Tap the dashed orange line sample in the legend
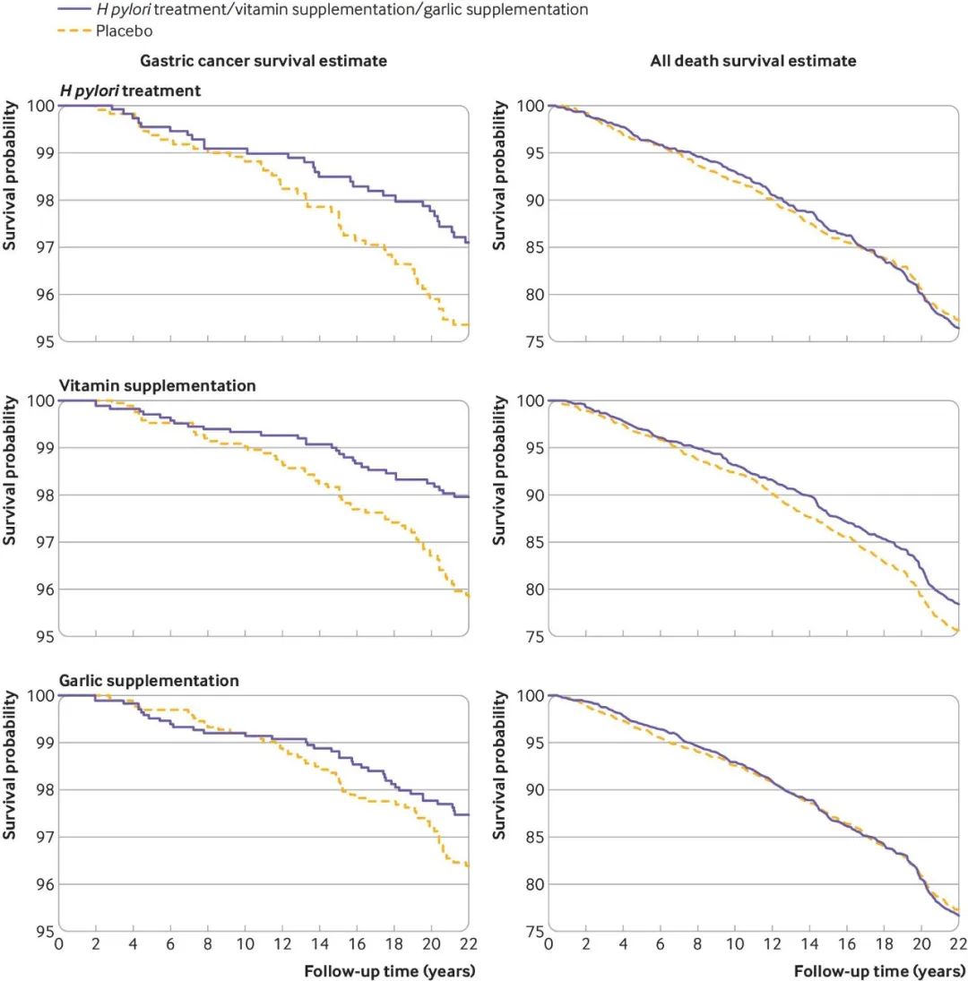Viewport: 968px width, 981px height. (x=74, y=30)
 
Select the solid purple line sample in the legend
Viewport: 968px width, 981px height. (x=74, y=11)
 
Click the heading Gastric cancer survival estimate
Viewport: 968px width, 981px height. (x=264, y=61)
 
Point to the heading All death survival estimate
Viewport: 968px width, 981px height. (x=753, y=61)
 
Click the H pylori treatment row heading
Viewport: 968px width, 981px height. (x=130, y=90)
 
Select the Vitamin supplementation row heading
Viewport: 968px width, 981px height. (x=157, y=385)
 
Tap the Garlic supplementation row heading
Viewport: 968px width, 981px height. (x=149, y=681)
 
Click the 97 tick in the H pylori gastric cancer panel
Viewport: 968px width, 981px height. (x=42, y=247)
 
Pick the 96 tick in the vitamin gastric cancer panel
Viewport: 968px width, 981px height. (x=42, y=589)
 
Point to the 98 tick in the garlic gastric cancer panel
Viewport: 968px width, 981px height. (x=42, y=790)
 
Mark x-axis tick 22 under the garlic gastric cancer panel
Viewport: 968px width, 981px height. (x=468, y=943)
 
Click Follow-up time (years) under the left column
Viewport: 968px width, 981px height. (x=389, y=969)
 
